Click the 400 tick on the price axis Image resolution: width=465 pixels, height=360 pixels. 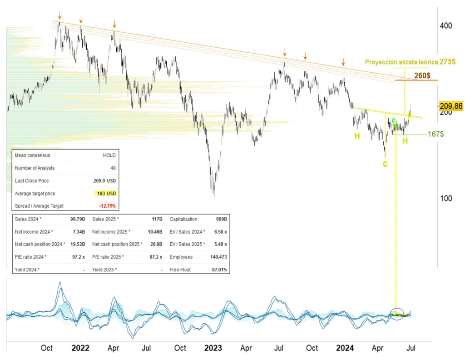445,25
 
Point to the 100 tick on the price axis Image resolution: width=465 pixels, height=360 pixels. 445,198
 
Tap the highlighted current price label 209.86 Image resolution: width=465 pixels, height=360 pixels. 451,106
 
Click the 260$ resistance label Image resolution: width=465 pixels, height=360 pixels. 422,75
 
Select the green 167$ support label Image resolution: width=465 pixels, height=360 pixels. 435,134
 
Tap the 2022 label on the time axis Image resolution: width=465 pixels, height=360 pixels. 80,348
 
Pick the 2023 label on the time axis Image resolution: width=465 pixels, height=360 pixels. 213,348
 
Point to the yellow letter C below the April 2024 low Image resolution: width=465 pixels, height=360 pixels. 385,164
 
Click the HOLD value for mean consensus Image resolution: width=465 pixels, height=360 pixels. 109,155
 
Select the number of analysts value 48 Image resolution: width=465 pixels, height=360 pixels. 113,168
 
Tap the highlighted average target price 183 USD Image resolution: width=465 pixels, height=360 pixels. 107,194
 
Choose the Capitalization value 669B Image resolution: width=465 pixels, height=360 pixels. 221,219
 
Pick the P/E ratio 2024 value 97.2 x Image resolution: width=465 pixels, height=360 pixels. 78,257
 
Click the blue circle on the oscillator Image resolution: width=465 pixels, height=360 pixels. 397,314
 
